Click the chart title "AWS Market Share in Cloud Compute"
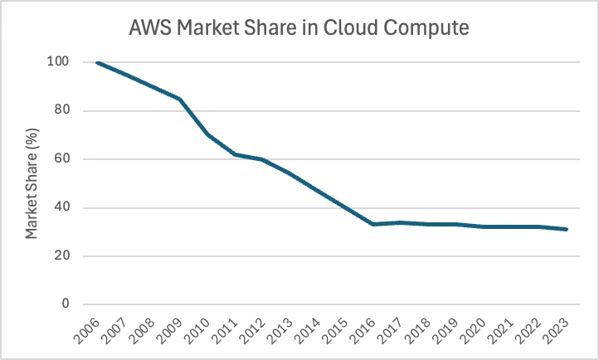[299, 28]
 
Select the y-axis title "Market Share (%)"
[32, 182]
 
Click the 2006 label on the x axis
[88, 330]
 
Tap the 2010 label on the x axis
[198, 330]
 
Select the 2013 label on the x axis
[281, 330]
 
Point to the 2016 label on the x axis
[364, 330]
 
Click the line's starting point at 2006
[97, 62]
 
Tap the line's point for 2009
[180, 99]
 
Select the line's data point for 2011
[236, 154]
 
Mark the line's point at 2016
[373, 224]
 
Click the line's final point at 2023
[567, 229]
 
